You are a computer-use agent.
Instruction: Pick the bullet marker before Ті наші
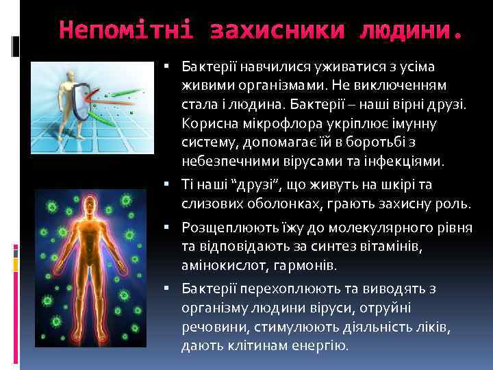tap(168, 184)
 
